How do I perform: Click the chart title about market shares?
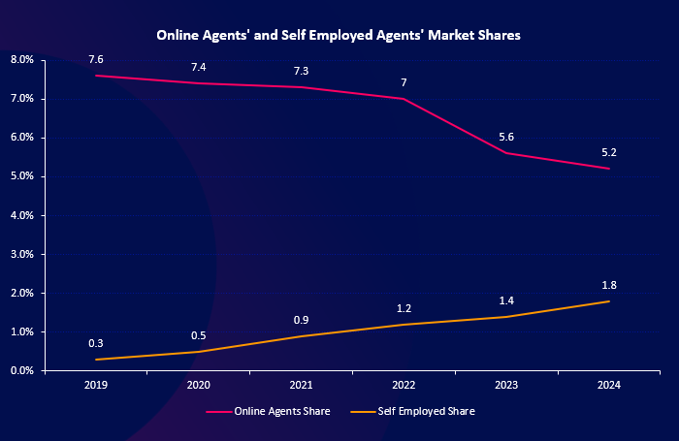pos(339,35)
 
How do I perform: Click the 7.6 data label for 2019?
pos(96,60)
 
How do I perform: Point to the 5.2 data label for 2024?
pos(609,153)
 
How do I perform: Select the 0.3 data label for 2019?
pos(96,344)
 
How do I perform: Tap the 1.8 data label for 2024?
pos(609,285)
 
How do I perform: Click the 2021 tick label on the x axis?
pos(302,385)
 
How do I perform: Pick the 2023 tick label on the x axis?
pos(506,385)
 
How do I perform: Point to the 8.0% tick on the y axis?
pos(22,60)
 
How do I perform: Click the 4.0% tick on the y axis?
pos(22,215)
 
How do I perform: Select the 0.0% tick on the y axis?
pos(22,370)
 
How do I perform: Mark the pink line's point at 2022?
pos(404,99)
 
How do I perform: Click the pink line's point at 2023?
pos(506,153)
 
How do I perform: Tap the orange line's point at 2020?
pos(199,351)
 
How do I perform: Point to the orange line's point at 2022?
pos(404,324)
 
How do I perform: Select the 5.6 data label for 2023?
pos(506,138)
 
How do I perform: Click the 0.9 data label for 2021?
pos(302,321)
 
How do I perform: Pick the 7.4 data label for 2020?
pos(199,68)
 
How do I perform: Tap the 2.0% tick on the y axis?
pos(22,293)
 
